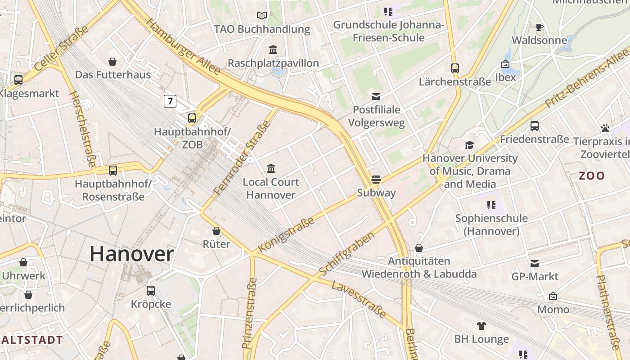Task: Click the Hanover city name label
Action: [131, 254]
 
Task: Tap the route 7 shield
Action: [170, 101]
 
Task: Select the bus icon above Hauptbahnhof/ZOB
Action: [192, 118]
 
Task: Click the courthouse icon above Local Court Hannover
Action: [271, 169]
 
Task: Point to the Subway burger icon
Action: [376, 180]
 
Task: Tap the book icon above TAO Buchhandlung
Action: [262, 16]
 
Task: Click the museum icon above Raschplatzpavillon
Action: [273, 49]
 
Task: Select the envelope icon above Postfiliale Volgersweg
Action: [376, 97]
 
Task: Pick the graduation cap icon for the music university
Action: [469, 145]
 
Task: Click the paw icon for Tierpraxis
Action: [605, 128]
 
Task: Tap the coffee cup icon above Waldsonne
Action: [540, 27]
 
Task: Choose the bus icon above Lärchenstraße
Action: [455, 68]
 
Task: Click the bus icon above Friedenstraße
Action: [535, 126]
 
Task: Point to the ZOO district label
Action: [592, 176]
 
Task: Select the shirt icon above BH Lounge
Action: [481, 325]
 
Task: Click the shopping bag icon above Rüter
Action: [216, 231]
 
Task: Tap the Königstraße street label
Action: [286, 235]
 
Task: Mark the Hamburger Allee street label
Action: [183, 46]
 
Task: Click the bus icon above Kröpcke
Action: [151, 291]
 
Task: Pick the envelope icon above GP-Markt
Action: [535, 263]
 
